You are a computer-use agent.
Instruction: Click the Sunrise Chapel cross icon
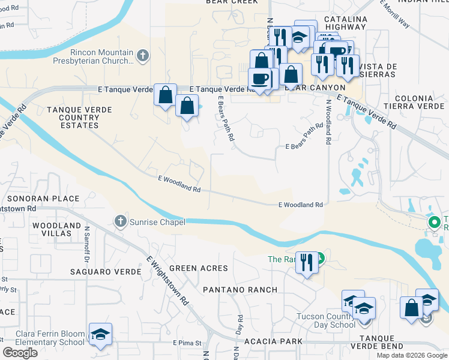[120, 221]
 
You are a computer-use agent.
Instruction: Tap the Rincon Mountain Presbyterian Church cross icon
[142, 56]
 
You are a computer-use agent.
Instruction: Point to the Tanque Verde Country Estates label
[71, 117]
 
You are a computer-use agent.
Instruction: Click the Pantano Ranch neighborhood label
[240, 290]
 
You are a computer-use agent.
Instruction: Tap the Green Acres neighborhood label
[198, 268]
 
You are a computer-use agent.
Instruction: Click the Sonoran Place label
[43, 199]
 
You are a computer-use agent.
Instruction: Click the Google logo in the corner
[20, 353]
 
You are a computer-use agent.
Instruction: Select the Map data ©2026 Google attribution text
[412, 355]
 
